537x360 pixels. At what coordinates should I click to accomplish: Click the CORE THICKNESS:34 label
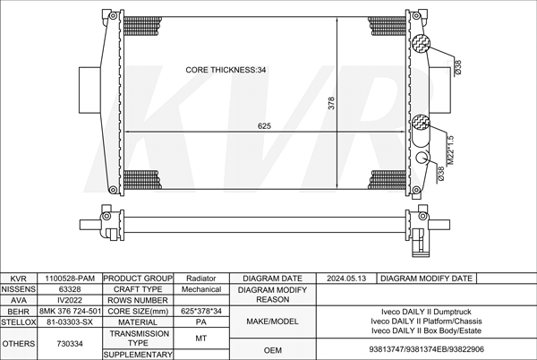click(226, 70)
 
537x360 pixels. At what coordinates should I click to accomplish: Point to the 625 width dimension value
click(264, 126)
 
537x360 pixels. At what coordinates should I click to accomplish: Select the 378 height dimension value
click(331, 103)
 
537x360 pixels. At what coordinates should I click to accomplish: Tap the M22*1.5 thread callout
click(451, 150)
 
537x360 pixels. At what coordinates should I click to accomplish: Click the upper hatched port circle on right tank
click(421, 43)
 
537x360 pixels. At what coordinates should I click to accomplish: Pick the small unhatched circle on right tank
click(422, 158)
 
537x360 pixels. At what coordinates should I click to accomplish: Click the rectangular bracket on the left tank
click(89, 90)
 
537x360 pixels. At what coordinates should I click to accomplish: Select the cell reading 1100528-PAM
click(70, 279)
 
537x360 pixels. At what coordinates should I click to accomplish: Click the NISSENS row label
click(19, 289)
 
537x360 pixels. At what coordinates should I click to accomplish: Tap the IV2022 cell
click(70, 300)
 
